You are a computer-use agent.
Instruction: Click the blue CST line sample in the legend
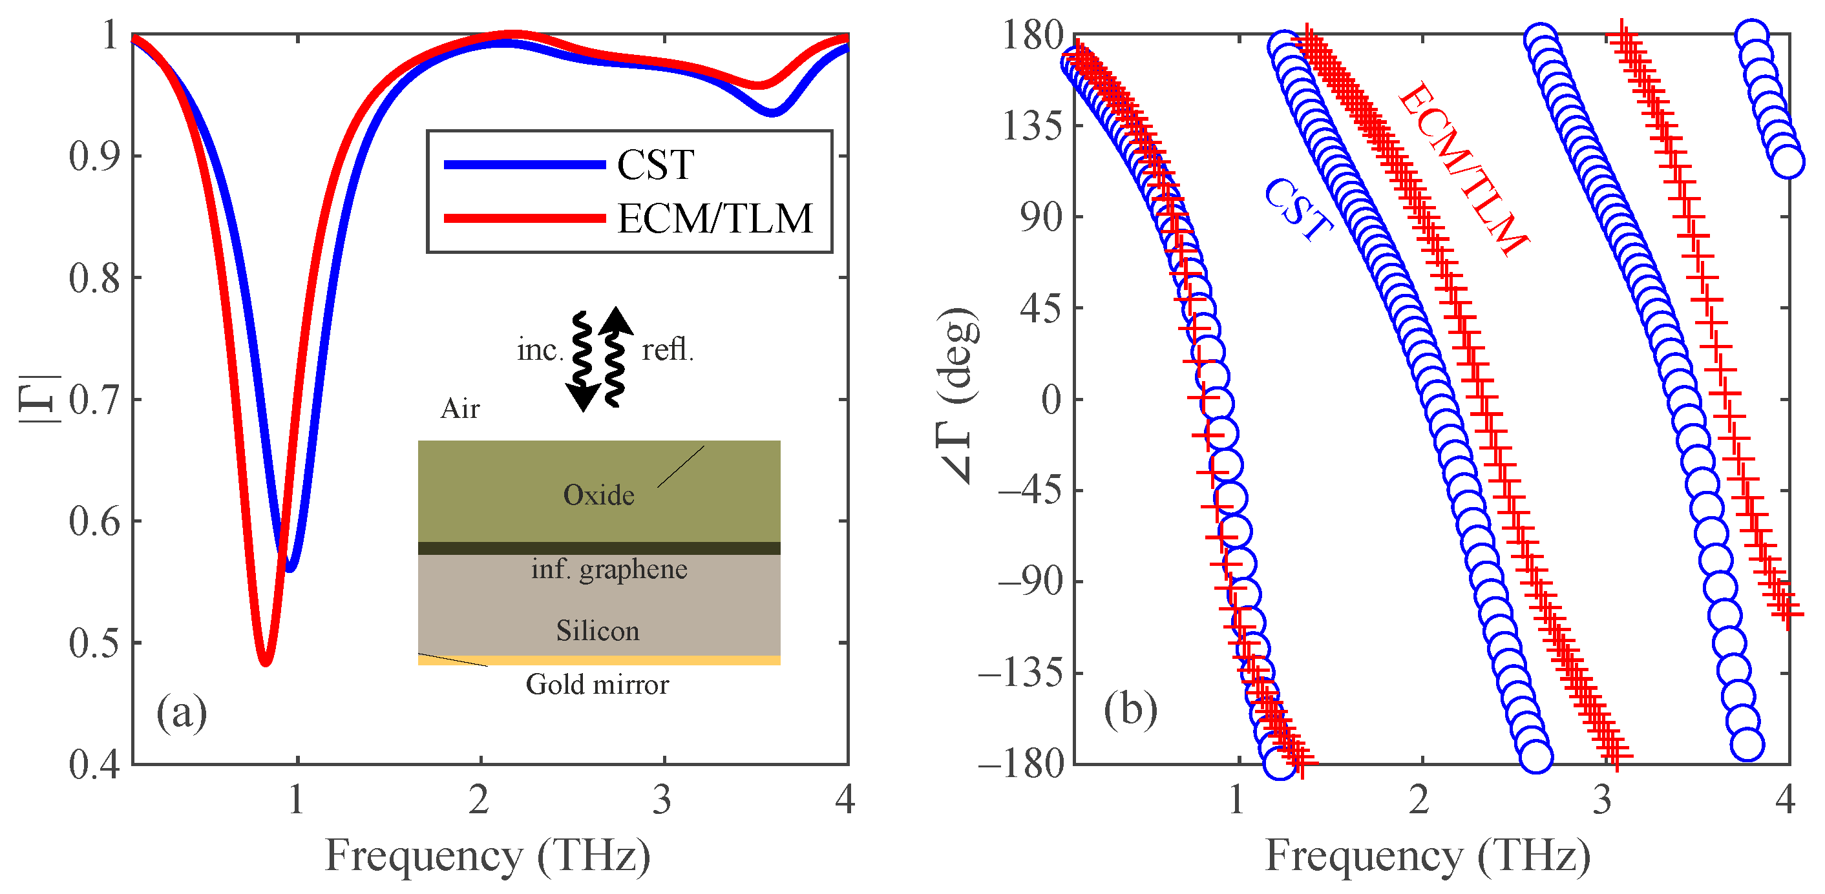(524, 164)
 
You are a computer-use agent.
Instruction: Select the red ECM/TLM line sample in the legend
(524, 218)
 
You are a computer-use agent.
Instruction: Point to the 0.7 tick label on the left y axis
(94, 400)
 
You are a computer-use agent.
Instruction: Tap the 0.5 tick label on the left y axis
(94, 643)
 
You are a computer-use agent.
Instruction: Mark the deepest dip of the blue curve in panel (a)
(289, 567)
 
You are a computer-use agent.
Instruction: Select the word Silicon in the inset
(597, 630)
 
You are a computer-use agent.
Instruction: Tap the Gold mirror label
(596, 684)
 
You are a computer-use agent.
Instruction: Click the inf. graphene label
(609, 569)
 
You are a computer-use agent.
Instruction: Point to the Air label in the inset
(459, 409)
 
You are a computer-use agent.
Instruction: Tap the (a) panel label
(182, 712)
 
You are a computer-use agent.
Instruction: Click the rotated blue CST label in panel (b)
(1298, 209)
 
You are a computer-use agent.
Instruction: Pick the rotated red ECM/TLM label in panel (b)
(1463, 168)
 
